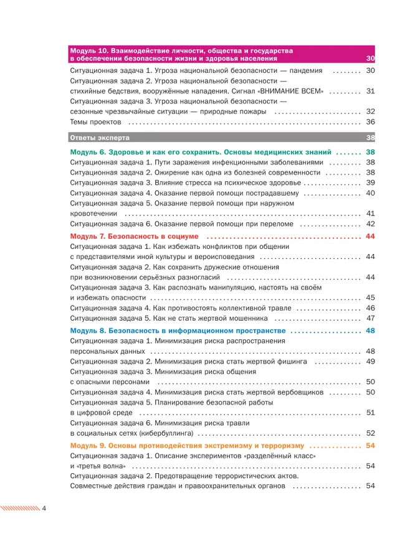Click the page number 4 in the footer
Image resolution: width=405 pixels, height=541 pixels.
[x=44, y=508]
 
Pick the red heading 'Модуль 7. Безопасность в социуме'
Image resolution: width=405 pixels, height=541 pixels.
[x=134, y=237]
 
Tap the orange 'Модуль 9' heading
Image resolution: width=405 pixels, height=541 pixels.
[x=187, y=446]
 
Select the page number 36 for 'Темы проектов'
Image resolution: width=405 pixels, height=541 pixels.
[x=370, y=122]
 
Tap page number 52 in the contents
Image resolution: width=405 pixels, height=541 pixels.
[x=370, y=433]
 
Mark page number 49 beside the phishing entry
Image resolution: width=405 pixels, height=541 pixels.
[x=370, y=361]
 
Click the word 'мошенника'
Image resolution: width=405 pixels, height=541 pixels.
[x=259, y=318]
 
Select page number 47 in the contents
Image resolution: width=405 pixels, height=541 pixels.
[x=370, y=318]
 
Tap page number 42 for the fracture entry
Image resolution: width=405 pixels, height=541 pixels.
[x=370, y=223]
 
